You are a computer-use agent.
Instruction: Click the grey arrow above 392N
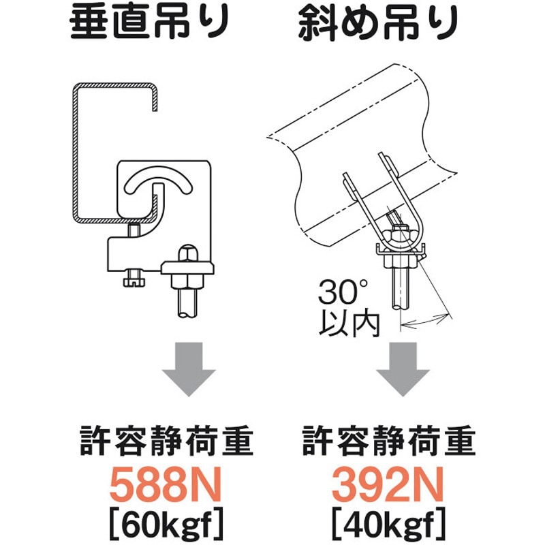click(403, 371)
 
